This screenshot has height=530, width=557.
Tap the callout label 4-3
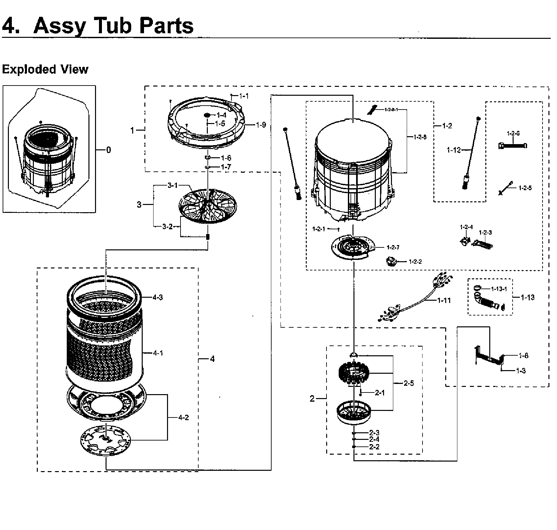coord(157,297)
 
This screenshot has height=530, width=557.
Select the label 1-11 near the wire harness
coord(444,300)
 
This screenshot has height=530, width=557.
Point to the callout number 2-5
coord(409,383)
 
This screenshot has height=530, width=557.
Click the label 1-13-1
coord(499,289)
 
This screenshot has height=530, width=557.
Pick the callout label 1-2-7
coord(393,247)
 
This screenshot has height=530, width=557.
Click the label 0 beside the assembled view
coord(109,150)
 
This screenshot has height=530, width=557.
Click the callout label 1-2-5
coord(525,188)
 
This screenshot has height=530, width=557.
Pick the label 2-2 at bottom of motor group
coord(374,447)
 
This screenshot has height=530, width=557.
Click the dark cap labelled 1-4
coord(207,115)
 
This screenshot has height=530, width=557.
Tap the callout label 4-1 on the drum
coord(157,353)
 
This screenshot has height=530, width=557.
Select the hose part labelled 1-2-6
coord(513,145)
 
